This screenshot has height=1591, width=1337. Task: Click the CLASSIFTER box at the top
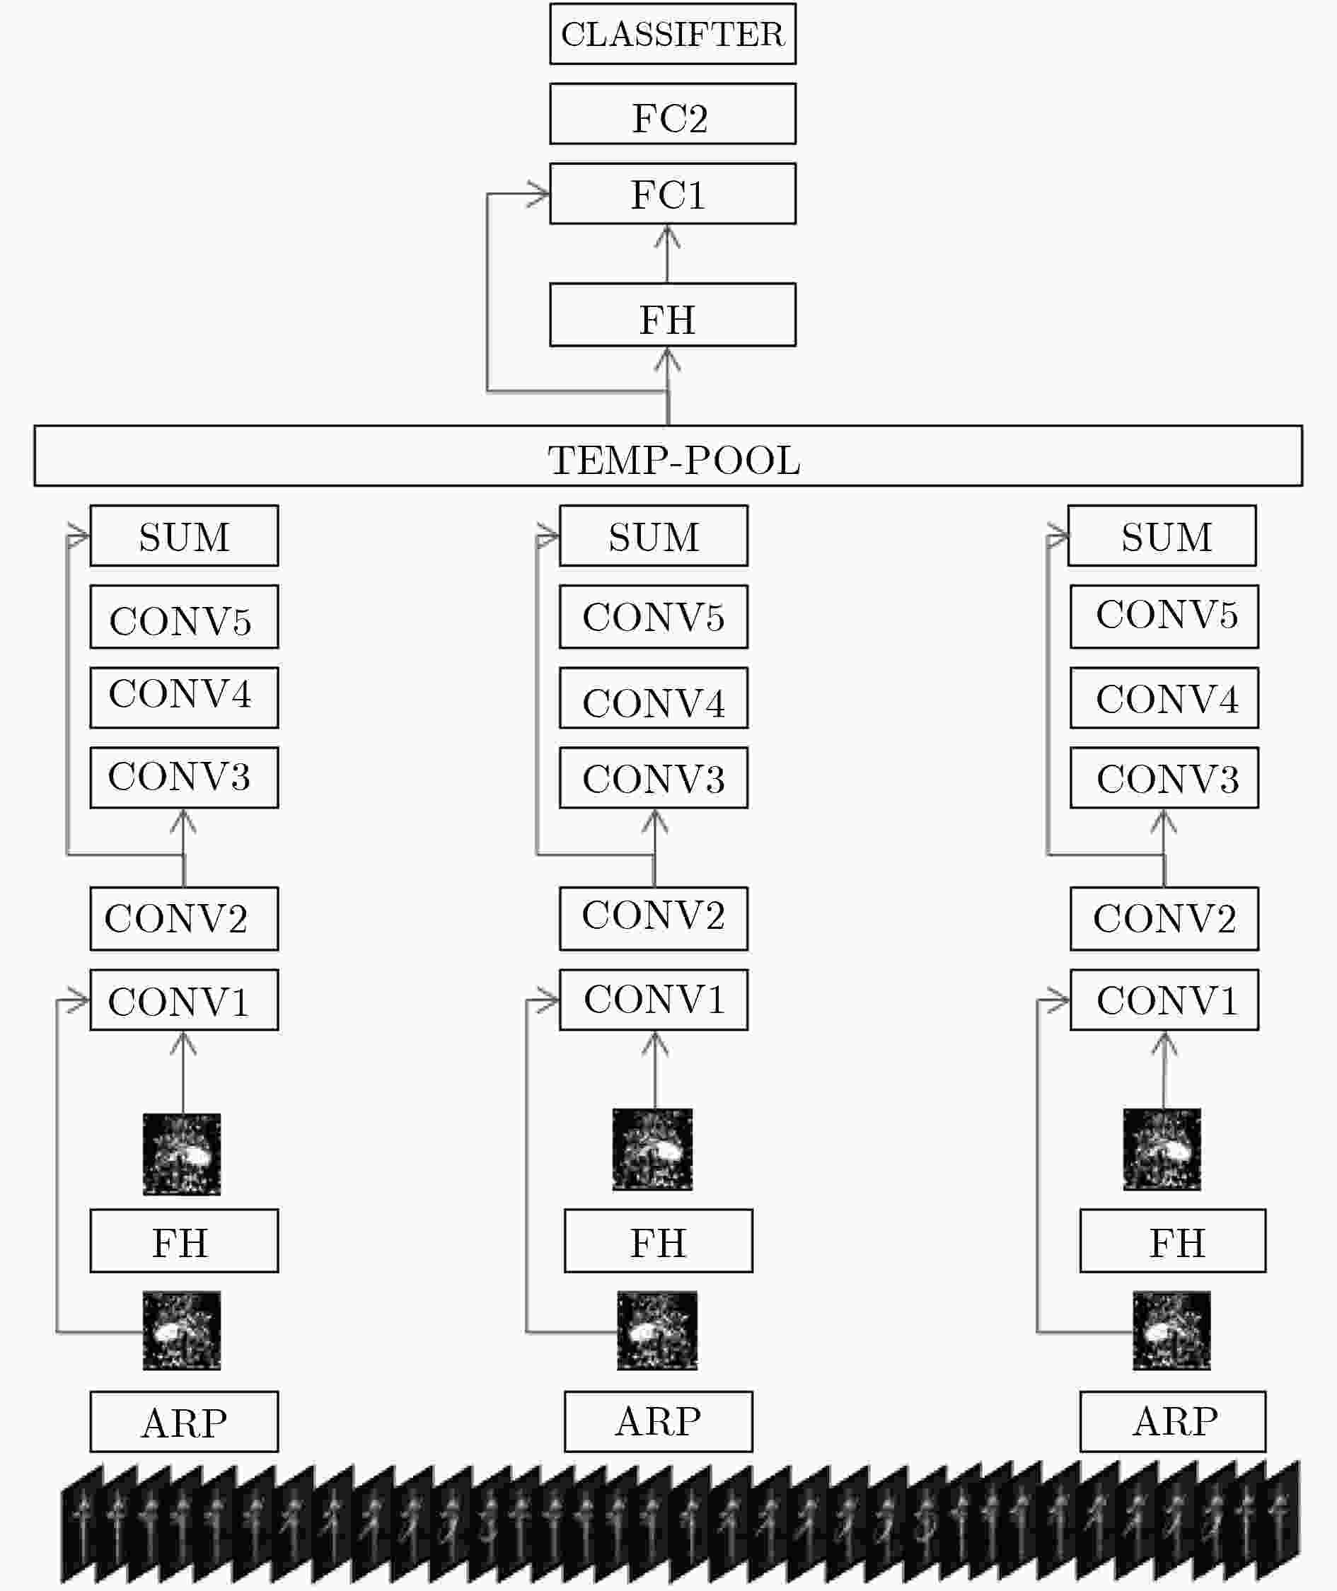(672, 34)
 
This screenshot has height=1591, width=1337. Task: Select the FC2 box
(672, 114)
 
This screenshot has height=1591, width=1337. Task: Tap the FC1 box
(672, 193)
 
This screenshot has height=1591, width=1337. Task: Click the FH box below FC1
(672, 315)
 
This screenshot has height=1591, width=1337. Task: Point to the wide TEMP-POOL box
(668, 456)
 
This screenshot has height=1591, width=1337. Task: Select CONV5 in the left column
(184, 617)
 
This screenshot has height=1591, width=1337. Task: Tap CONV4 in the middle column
(654, 698)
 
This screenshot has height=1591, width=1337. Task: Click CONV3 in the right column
(1165, 777)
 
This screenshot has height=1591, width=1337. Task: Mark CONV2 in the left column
(184, 919)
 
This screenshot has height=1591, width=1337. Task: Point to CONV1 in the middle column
(654, 1000)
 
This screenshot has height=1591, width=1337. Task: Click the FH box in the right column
(1173, 1241)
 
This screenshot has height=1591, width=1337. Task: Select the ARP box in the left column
(184, 1422)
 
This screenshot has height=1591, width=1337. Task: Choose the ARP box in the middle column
(658, 1422)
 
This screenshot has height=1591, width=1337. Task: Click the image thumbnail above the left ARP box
(182, 1331)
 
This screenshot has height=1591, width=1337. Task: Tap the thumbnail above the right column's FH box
(1162, 1149)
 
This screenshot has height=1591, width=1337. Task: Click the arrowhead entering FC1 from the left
(539, 194)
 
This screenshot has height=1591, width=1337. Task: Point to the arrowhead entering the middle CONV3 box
(654, 820)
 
